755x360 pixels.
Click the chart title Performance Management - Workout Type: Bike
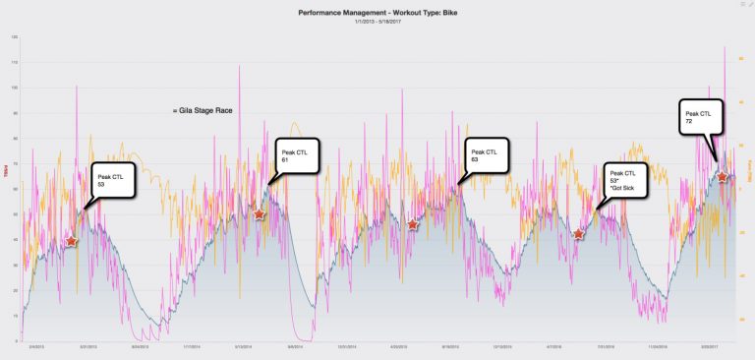[x=377, y=13]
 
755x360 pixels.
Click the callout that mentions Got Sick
[x=626, y=181]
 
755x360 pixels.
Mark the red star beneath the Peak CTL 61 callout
[x=260, y=213]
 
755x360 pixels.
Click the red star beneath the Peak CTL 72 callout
[x=723, y=177]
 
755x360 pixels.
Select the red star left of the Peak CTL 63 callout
[x=413, y=224]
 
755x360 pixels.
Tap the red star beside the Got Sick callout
[x=579, y=234]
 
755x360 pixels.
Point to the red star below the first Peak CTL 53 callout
[x=71, y=241]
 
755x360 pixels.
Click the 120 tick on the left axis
[x=14, y=36]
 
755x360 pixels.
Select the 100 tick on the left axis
[x=14, y=88]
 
